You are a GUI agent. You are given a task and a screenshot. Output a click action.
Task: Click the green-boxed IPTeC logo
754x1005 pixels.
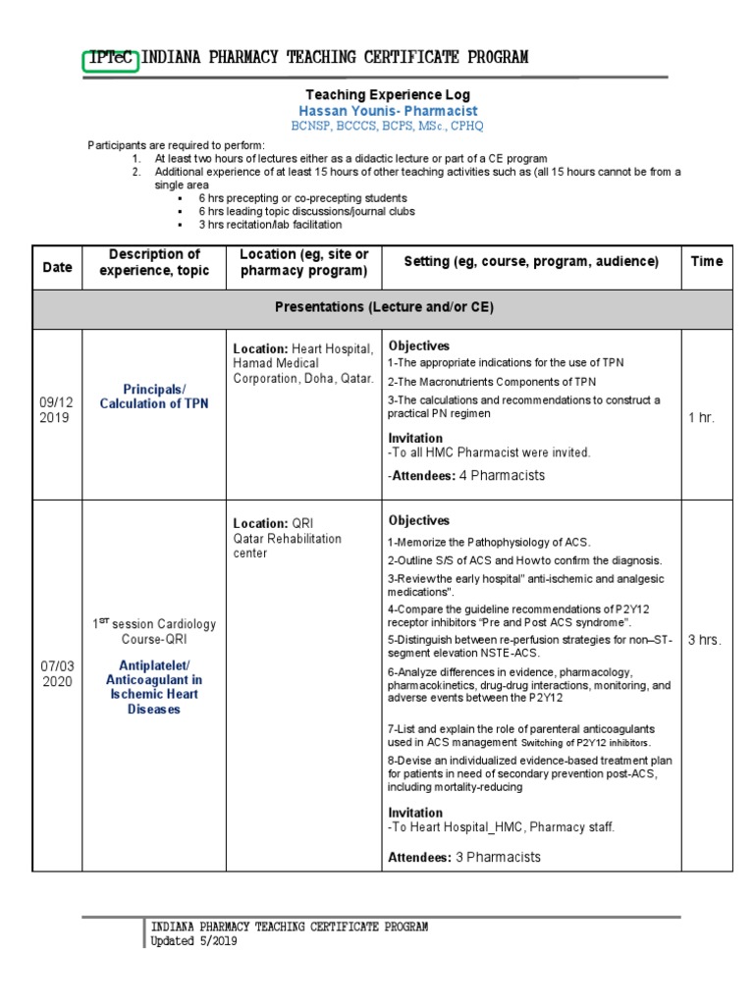pos(111,58)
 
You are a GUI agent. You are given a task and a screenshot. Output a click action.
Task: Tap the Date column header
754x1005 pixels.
pos(57,267)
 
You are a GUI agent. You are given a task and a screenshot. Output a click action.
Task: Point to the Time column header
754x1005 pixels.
pos(706,261)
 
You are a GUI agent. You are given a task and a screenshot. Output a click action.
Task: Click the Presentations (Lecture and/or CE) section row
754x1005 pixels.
pos(383,308)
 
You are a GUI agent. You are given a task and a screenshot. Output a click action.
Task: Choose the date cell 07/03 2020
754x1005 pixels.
pos(57,674)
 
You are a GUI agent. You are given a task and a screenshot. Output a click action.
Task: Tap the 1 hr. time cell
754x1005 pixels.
pos(701,417)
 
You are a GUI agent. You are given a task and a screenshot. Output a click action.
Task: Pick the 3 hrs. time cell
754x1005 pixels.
pos(703,640)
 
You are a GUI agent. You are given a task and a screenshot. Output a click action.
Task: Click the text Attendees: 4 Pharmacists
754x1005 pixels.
pos(465,475)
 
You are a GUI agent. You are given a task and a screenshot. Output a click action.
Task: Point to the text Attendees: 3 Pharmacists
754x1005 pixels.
pos(464,857)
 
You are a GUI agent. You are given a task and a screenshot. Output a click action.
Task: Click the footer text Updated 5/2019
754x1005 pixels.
pos(193,941)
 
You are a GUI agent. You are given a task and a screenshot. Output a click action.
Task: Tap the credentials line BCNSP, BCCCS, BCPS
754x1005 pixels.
pos(387,127)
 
